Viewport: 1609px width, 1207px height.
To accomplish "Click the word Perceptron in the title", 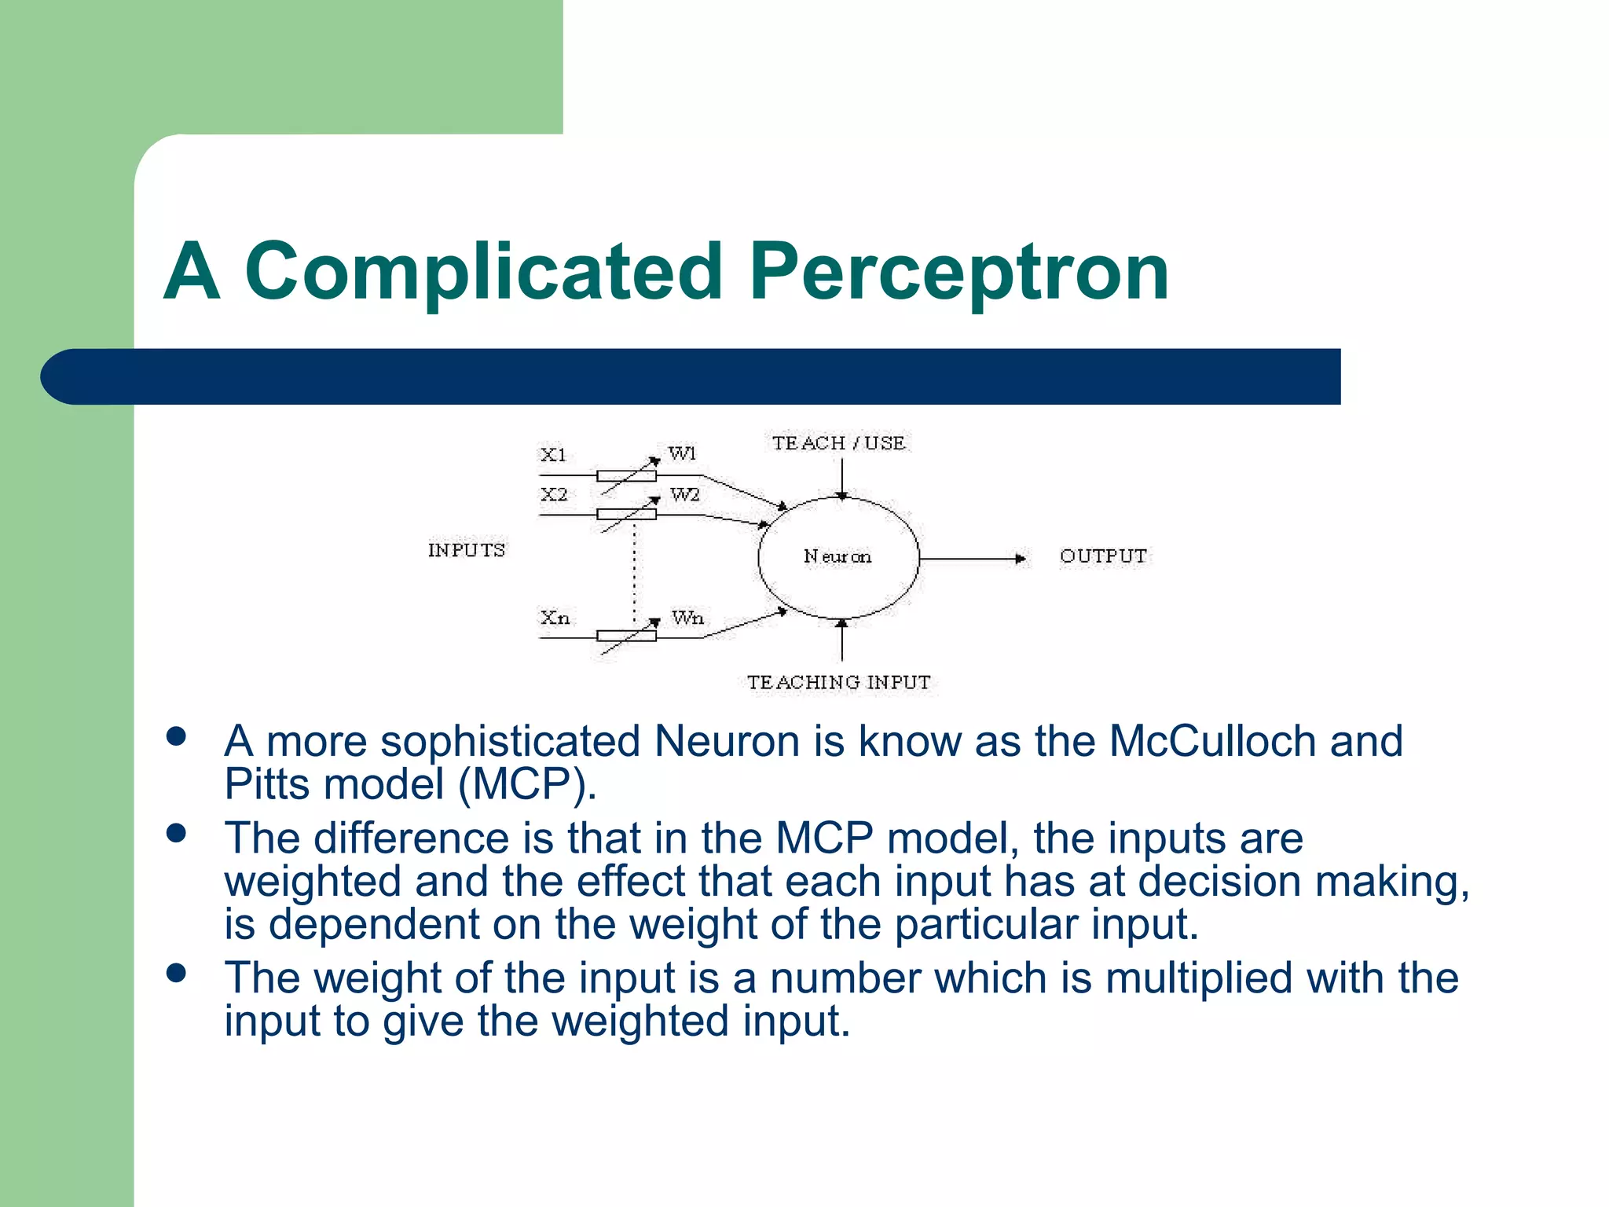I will click(x=958, y=271).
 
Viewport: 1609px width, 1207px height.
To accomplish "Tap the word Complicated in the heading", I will click(x=483, y=271).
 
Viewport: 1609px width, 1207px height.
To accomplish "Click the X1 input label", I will click(x=553, y=455).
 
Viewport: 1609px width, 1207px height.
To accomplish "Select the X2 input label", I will click(x=554, y=495).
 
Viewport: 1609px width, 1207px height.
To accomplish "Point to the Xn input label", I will click(x=555, y=618).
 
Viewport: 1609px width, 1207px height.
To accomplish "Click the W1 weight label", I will click(x=682, y=453).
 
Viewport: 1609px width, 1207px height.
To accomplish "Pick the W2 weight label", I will click(x=684, y=495).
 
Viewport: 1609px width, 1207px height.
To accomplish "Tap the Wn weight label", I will click(x=687, y=618).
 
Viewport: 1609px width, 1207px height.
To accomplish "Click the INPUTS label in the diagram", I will click(x=467, y=550).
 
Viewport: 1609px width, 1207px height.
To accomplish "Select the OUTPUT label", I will click(x=1103, y=556).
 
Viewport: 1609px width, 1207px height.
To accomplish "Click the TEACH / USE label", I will click(x=838, y=443).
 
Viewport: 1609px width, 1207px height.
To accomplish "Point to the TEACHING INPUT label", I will click(x=838, y=682).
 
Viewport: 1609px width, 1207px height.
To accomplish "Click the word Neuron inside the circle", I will click(x=837, y=556).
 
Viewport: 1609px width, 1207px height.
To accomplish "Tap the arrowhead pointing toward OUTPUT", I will click(x=1020, y=559).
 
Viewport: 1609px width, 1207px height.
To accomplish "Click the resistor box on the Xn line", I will click(x=626, y=637).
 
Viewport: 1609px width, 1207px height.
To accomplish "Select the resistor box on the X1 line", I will click(x=626, y=475).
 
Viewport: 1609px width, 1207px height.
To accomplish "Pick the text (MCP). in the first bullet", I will click(x=527, y=784).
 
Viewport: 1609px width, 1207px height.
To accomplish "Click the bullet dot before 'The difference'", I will click(x=177, y=833).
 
